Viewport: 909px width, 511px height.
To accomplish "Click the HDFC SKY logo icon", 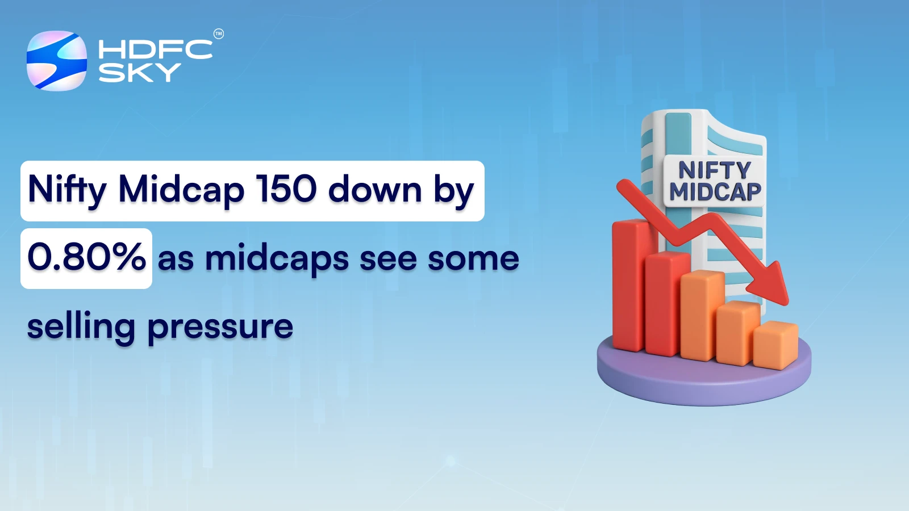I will [57, 61].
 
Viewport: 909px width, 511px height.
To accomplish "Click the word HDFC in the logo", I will [155, 49].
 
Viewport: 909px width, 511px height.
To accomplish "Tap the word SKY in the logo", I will [140, 73].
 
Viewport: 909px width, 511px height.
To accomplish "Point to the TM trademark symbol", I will [219, 34].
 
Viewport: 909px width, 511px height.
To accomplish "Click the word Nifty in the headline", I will [67, 190].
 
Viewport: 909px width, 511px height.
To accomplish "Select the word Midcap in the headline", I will [181, 190].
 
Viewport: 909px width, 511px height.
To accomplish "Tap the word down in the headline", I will [375, 190].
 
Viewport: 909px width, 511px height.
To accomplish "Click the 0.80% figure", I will [86, 257].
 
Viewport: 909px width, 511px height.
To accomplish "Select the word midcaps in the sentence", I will [277, 259].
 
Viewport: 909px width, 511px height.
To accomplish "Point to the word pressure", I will [220, 328].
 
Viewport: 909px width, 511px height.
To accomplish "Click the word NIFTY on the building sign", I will [715, 170].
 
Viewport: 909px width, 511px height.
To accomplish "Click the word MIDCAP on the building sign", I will [715, 192].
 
